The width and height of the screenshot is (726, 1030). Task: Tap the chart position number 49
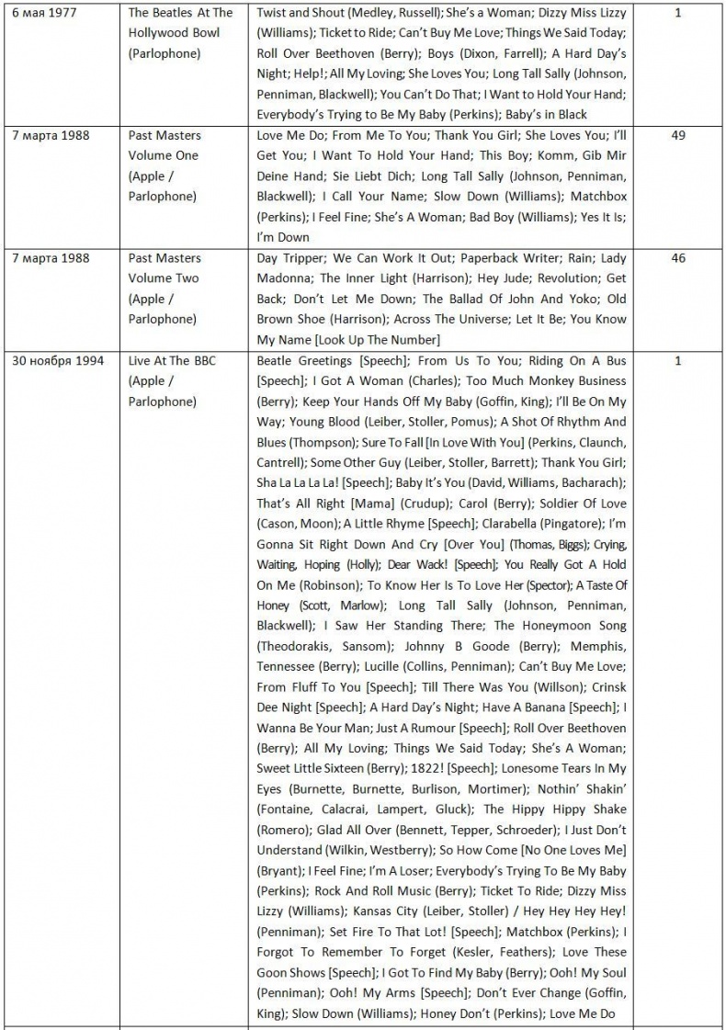(x=678, y=136)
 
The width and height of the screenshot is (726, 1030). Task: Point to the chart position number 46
(x=678, y=259)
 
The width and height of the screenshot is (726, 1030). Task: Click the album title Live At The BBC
(x=172, y=361)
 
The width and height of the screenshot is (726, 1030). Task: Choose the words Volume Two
(x=164, y=279)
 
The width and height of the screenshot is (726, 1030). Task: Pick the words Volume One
(x=164, y=156)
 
